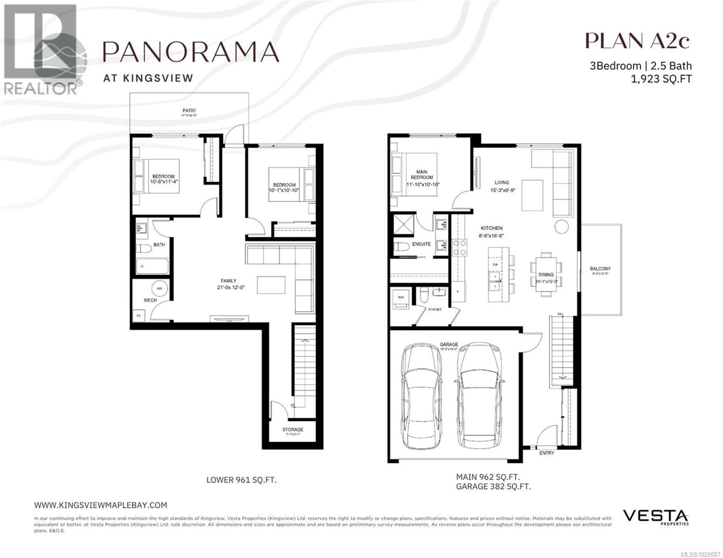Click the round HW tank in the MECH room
159,288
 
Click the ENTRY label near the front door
547,453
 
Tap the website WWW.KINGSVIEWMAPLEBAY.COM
101,505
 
